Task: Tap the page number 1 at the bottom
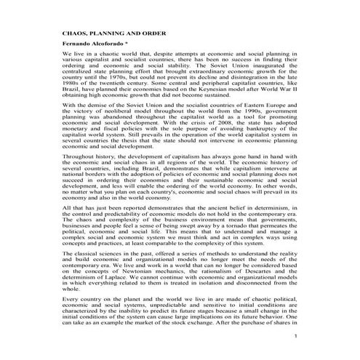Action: pos(296,356)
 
